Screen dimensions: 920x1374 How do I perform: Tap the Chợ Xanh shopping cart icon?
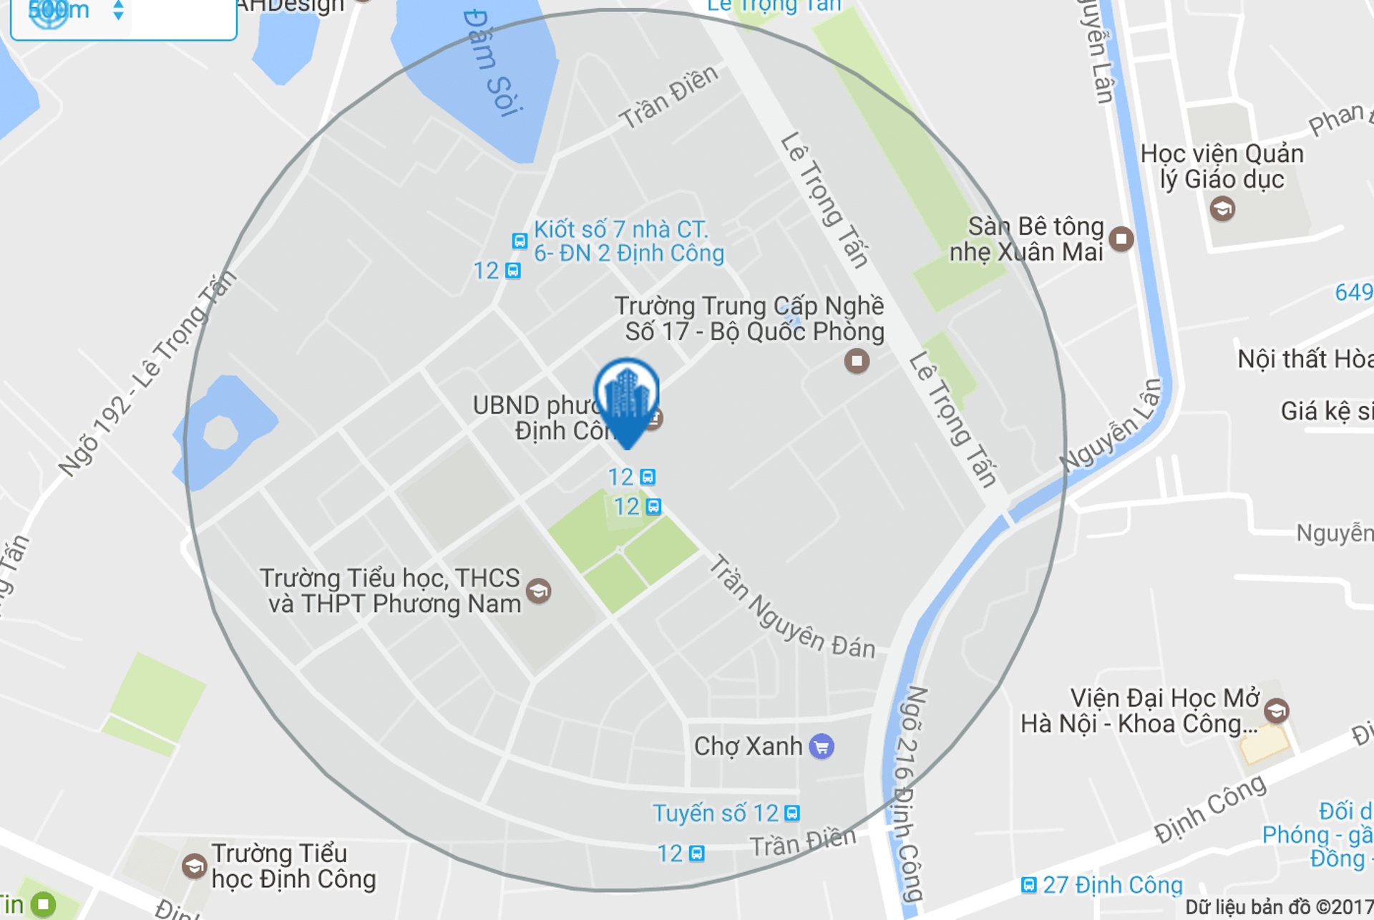click(822, 746)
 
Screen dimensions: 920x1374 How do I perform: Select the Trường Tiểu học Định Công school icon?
click(194, 866)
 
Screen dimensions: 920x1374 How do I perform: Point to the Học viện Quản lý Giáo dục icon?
click(1222, 208)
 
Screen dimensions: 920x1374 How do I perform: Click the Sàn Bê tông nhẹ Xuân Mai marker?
click(1121, 238)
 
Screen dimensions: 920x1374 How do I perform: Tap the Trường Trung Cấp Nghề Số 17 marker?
click(857, 360)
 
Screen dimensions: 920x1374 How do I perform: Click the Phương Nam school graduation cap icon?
click(538, 591)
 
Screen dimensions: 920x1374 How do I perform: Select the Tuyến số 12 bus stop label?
click(716, 813)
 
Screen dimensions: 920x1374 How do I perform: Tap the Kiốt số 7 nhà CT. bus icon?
click(520, 241)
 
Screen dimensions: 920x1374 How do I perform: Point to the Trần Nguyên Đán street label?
click(791, 609)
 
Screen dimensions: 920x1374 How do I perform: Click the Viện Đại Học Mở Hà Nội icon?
click(1276, 710)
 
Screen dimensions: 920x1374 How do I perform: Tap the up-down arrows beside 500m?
click(119, 10)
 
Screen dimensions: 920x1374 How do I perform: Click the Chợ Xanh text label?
click(748, 746)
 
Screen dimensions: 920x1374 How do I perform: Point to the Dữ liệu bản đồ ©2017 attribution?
click(1278, 907)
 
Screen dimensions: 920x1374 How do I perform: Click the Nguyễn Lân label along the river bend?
click(1111, 426)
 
